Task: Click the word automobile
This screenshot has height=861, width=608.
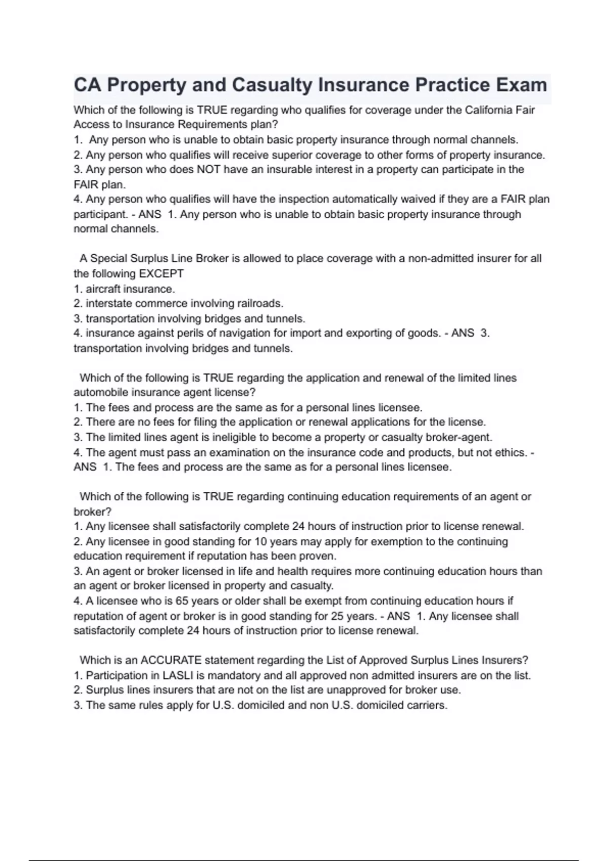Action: coord(101,393)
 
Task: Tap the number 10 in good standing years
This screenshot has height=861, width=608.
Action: coord(260,541)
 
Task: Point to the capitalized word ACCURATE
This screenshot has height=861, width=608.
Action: coord(172,660)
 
